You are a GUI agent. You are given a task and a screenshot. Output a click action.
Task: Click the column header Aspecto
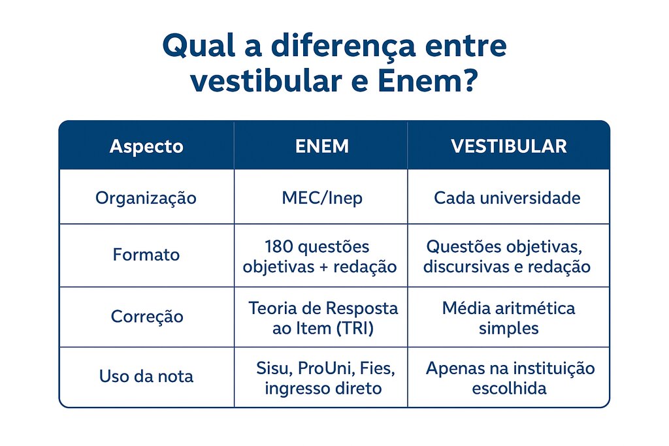point(146,146)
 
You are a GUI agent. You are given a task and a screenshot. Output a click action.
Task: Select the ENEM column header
point(322,146)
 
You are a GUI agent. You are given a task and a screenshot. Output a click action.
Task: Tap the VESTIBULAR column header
point(508,146)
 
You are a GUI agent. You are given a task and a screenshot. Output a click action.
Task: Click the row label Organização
point(146,198)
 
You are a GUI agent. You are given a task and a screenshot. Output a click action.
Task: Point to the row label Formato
point(146,255)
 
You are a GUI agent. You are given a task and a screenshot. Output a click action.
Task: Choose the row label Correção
point(147,317)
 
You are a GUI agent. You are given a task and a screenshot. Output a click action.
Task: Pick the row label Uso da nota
point(146,376)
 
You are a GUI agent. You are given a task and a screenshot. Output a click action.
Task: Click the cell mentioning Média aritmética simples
point(508,317)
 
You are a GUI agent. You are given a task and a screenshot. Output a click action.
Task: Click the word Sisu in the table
point(274,368)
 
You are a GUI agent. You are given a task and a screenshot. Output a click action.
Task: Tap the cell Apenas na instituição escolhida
point(510,378)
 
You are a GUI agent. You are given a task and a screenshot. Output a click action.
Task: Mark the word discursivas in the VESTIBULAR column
point(466,266)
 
